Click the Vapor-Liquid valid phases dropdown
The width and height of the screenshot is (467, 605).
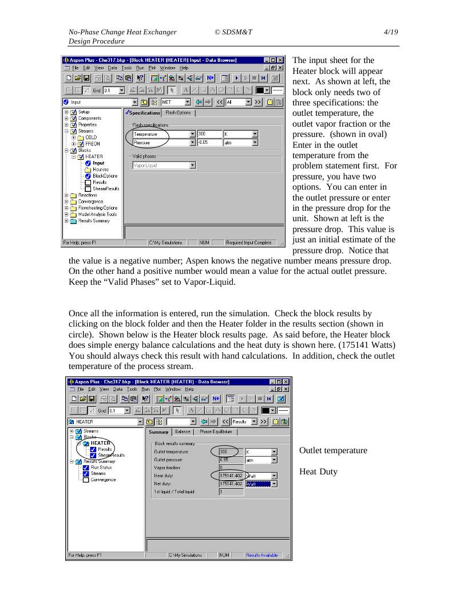[x=164, y=166]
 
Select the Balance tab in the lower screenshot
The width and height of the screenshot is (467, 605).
[x=183, y=432]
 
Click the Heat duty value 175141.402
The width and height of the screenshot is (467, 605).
[x=231, y=476]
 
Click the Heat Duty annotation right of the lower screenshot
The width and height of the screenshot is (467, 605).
[x=318, y=472]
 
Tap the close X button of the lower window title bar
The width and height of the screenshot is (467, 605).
[x=286, y=382]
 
